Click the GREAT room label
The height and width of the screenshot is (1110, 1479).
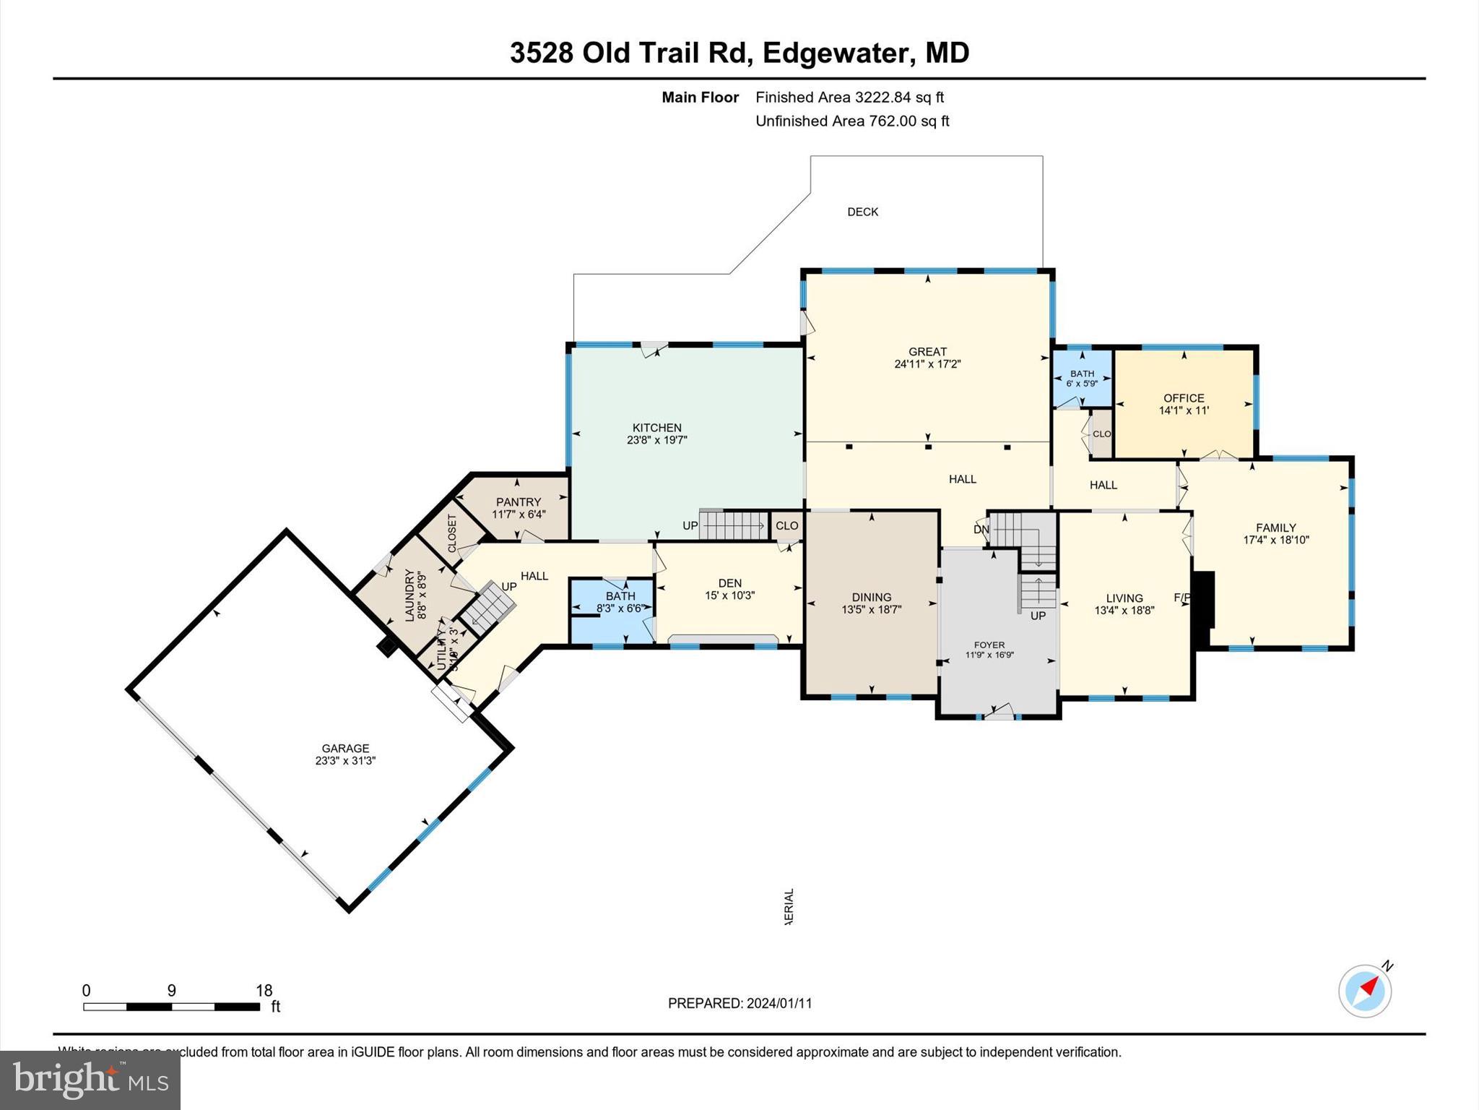coord(927,352)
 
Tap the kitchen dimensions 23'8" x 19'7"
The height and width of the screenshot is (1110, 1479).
coord(656,439)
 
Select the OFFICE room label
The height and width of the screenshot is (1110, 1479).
coord(1184,398)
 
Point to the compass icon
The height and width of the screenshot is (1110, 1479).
coord(1365,991)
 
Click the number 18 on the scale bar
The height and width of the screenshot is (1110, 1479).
coord(264,991)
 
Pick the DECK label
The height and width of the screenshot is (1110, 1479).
coord(862,212)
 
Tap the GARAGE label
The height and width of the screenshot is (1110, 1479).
coord(345,749)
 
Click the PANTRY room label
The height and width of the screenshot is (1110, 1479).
coord(519,502)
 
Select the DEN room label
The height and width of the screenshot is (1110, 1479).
coord(730,583)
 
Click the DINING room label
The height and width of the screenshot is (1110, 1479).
coord(872,597)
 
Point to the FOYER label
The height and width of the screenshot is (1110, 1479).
coord(989,645)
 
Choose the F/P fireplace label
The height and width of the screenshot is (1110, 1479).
coord(1181,598)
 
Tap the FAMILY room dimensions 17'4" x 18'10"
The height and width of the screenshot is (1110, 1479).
coord(1276,540)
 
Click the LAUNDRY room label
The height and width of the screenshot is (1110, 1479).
coord(409,595)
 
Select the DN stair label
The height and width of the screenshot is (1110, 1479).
coord(981,530)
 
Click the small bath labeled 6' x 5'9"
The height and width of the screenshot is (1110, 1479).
coord(1082,379)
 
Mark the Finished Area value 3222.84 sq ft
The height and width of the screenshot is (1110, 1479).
coord(899,98)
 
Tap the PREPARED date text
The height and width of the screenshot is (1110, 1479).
coord(739,1003)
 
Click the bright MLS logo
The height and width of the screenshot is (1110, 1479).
coord(90,1080)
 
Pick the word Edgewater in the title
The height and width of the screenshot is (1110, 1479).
coord(836,53)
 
